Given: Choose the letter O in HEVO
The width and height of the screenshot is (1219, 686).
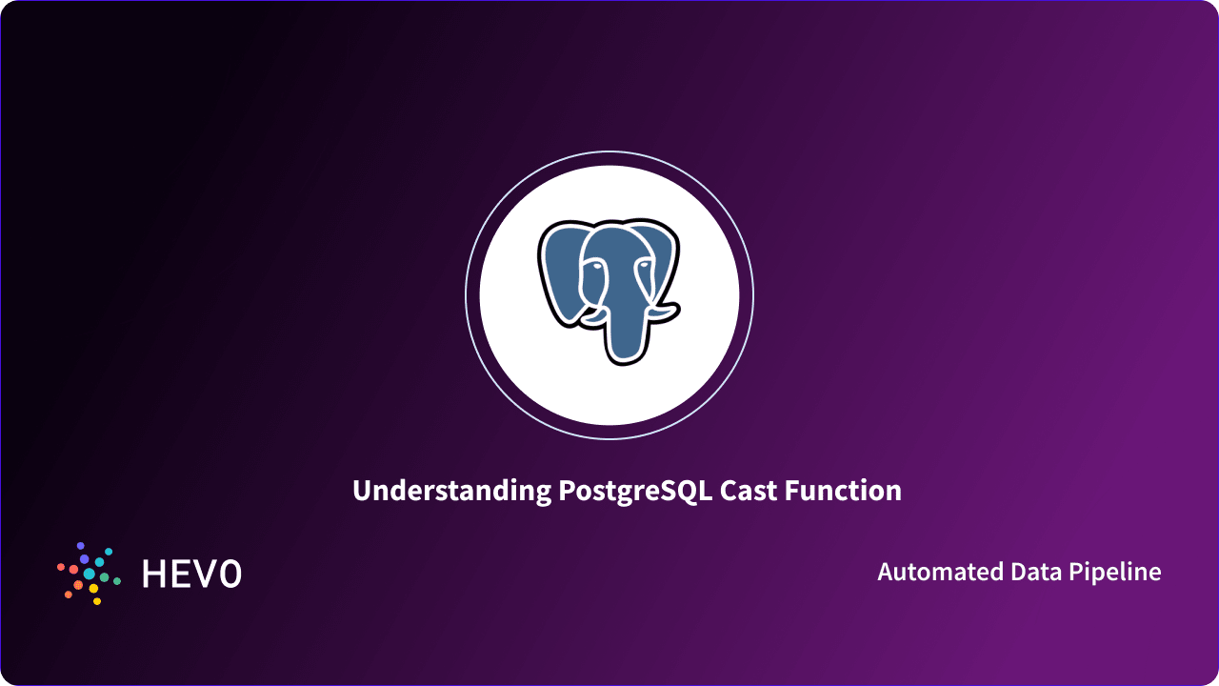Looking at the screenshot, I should (230, 574).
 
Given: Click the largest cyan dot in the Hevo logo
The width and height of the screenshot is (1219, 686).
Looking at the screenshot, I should (90, 574).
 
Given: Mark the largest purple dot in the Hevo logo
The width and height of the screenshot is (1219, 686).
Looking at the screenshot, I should (84, 558).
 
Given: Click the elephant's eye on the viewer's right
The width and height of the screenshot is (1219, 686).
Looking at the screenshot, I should (643, 266).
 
